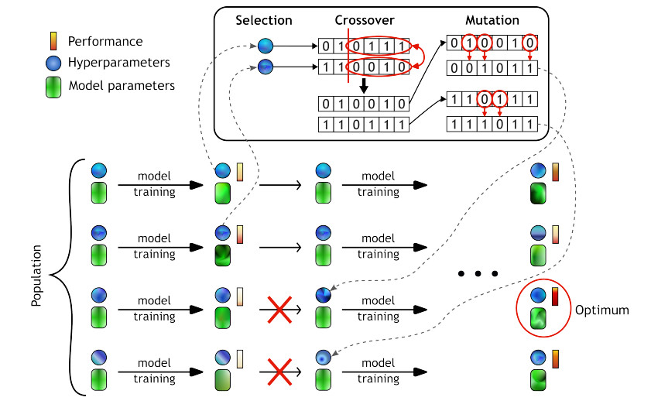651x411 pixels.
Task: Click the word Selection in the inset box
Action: (x=264, y=19)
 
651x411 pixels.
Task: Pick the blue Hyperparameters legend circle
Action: (x=52, y=62)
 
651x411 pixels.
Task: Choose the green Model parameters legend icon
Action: (x=52, y=85)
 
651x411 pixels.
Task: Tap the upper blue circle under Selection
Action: (x=266, y=45)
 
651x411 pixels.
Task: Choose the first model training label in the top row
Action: (x=153, y=184)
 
